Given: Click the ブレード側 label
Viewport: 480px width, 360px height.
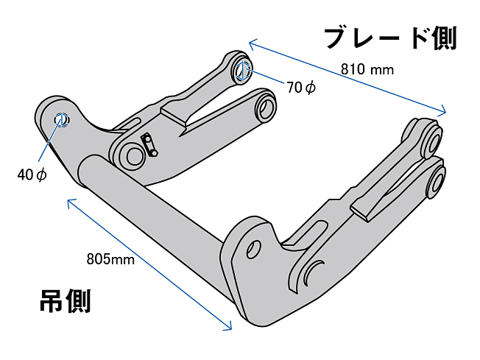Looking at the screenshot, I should [391, 38].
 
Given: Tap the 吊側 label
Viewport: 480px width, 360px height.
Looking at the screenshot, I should [65, 301].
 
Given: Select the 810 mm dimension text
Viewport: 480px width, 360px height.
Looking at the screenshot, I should [367, 70].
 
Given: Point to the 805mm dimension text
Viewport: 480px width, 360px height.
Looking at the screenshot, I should [110, 258].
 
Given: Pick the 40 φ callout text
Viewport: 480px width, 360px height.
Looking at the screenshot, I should [32, 174].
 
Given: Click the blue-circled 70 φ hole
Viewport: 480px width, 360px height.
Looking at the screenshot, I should [244, 71].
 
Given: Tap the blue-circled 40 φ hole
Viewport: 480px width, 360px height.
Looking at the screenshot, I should [62, 119].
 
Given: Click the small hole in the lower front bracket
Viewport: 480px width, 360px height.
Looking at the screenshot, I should [254, 247].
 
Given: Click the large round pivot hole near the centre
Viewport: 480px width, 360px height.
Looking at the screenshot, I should [133, 155].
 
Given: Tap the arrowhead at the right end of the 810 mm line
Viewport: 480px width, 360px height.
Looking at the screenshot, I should [444, 113].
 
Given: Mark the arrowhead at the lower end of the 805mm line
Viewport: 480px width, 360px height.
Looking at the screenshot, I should [229, 328].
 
